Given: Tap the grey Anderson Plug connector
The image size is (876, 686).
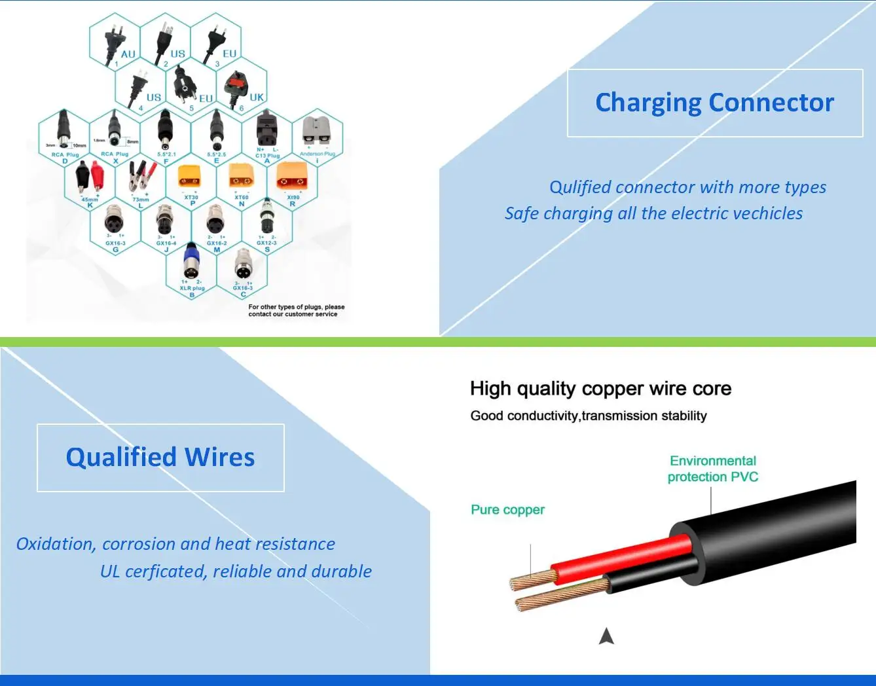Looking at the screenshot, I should click(316, 131).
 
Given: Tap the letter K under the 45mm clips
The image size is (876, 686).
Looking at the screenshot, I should click(90, 206).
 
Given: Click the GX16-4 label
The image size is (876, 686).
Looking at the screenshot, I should click(166, 244).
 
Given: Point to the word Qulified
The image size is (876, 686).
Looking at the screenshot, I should click(579, 187).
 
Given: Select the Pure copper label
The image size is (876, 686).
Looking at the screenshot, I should click(507, 510).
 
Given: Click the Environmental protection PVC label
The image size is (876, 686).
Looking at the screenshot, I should click(712, 469).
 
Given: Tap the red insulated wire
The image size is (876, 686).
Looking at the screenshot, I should click(622, 553).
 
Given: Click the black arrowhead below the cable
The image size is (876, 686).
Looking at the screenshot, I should click(606, 636).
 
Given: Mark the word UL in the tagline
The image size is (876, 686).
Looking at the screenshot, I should click(110, 571).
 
